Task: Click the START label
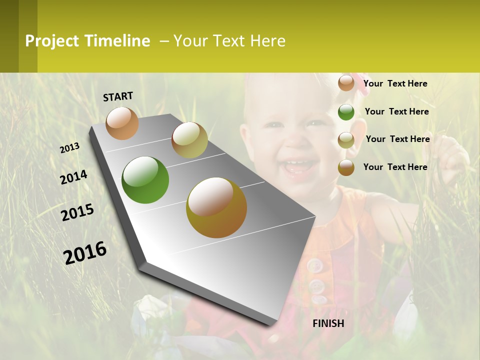click(x=118, y=96)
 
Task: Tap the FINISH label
click(x=328, y=323)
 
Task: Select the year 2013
click(x=69, y=148)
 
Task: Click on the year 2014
click(x=73, y=177)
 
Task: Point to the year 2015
click(x=77, y=212)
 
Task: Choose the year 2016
click(x=85, y=253)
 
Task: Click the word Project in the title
click(x=52, y=41)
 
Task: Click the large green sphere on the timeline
click(x=145, y=180)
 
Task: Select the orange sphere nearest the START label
click(x=122, y=123)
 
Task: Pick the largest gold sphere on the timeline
click(x=216, y=207)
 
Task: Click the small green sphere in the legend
click(x=346, y=112)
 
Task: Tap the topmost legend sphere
click(x=346, y=83)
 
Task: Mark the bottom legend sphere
click(x=346, y=167)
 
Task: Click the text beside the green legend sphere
click(x=396, y=111)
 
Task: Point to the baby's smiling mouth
click(x=299, y=166)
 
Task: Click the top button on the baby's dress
click(x=314, y=265)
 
